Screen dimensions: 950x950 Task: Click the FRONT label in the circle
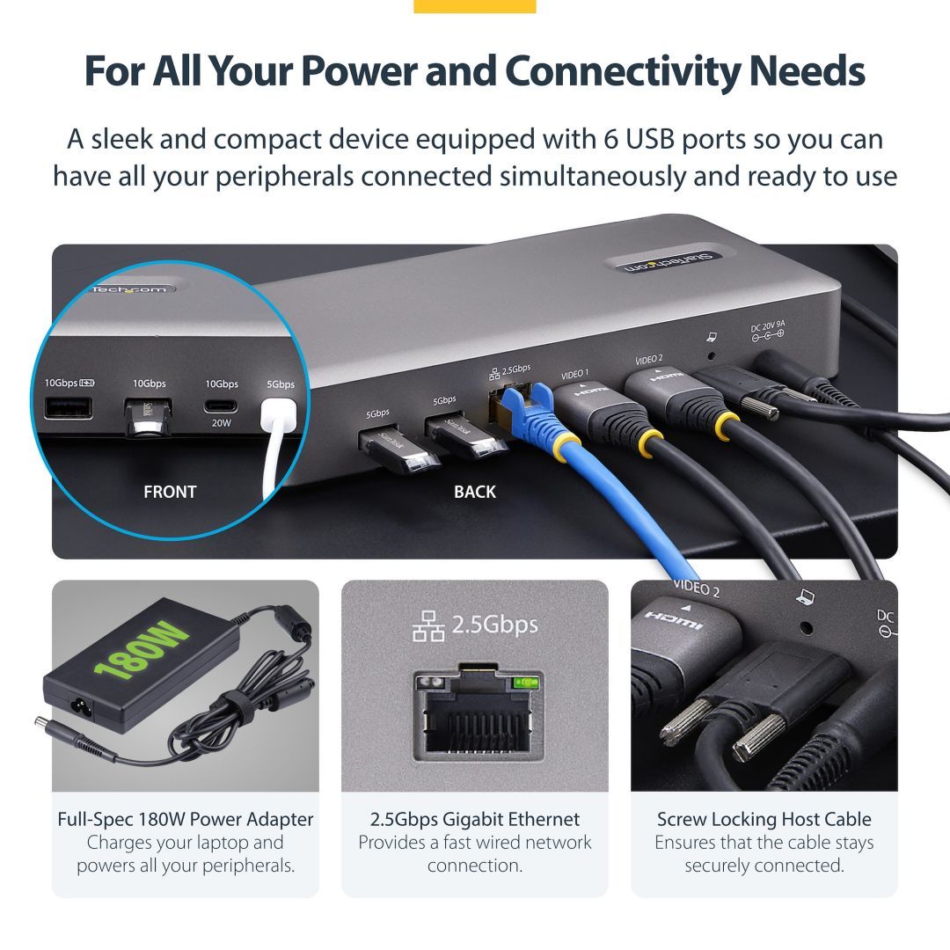[170, 492]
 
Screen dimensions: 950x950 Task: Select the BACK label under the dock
[475, 492]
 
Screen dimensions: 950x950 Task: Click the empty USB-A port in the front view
[69, 407]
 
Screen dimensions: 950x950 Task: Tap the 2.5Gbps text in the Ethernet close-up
[494, 625]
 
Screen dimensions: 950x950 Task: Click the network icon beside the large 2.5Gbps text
[428, 626]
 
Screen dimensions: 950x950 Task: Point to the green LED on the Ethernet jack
[524, 682]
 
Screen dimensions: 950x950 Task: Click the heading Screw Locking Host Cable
[764, 819]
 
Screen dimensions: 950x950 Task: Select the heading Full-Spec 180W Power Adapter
[185, 819]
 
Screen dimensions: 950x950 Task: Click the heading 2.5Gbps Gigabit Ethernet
[475, 819]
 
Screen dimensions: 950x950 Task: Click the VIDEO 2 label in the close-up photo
[696, 588]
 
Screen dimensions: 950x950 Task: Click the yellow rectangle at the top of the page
[474, 6]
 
